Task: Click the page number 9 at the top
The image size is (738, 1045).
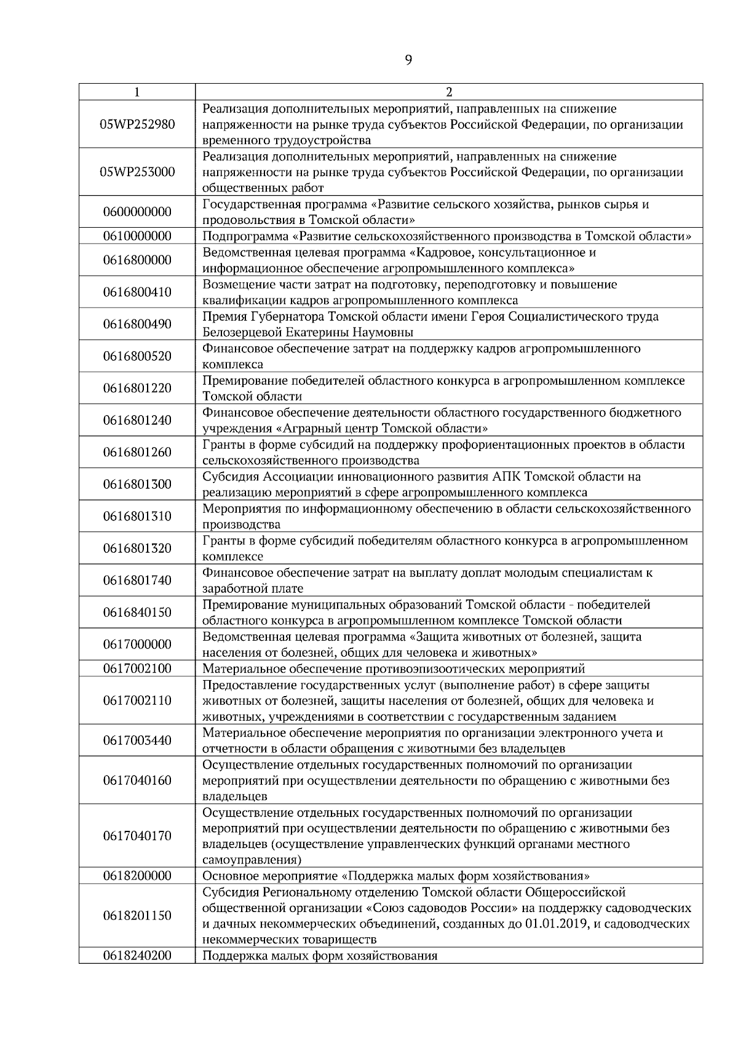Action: [409, 60]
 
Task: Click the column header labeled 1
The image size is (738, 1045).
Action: [137, 92]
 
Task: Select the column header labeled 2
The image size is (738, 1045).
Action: [449, 92]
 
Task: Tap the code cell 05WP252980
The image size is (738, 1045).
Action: [137, 124]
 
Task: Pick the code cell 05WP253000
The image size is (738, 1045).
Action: [137, 172]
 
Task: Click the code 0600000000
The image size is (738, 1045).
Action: [137, 212]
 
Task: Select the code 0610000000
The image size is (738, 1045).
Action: [137, 236]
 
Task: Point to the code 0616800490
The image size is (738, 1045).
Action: [137, 324]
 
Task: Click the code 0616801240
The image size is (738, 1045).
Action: [137, 420]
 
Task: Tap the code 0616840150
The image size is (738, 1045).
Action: [137, 612]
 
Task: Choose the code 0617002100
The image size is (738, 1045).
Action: [137, 668]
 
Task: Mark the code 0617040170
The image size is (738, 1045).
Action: [137, 836]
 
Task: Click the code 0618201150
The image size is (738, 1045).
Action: [137, 916]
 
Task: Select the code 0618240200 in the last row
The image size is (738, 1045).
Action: [137, 956]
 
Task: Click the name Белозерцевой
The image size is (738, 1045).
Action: [242, 332]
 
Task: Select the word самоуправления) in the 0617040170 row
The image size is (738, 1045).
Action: [252, 860]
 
